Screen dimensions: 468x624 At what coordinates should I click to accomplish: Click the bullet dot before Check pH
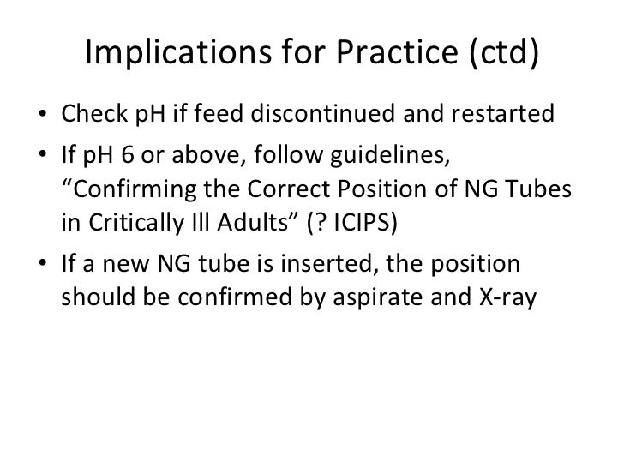43,116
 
